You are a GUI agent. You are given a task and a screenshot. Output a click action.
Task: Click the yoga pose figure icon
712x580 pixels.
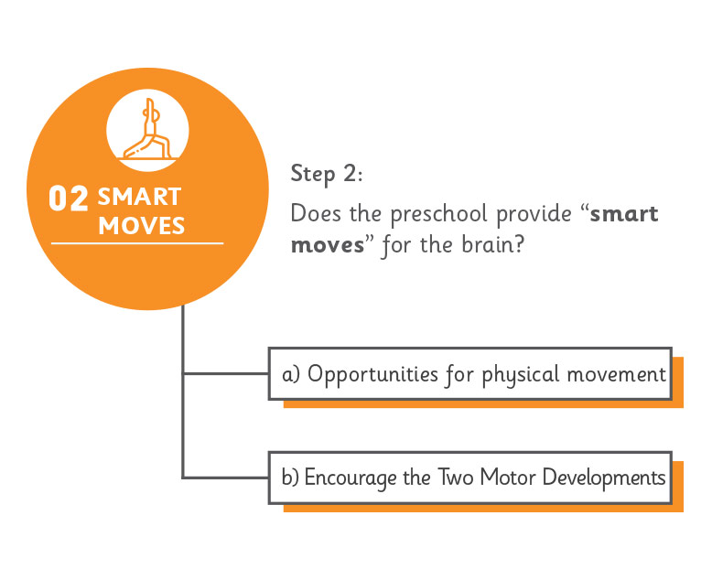tap(148, 129)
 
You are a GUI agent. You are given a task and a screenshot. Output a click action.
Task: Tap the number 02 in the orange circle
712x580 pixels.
tap(68, 199)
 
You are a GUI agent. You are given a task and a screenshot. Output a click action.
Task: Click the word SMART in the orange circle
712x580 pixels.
tap(139, 197)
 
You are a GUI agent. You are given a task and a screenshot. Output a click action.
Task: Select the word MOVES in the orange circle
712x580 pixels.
tap(142, 226)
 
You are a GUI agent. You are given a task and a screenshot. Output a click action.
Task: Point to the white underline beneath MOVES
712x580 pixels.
tap(137, 243)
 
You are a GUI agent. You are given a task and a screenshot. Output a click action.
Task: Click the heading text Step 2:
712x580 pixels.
tap(327, 174)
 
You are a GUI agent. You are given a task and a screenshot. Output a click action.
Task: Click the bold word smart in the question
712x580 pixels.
tap(624, 214)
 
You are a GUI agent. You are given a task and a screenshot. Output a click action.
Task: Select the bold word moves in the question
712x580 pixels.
tap(328, 245)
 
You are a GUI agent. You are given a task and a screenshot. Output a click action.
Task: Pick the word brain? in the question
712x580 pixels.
tap(492, 244)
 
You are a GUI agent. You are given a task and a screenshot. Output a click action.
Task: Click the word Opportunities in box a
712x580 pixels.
tap(372, 375)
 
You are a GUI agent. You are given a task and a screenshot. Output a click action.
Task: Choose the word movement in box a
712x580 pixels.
tap(616, 375)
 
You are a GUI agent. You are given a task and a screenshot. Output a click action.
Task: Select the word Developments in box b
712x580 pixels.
tap(604, 478)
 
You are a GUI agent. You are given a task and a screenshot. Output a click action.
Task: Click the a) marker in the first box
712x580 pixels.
tap(291, 375)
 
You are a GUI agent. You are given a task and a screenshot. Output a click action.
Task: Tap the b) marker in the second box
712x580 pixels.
tap(290, 478)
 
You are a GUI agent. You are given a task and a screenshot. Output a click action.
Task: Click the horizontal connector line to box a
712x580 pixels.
tap(226, 374)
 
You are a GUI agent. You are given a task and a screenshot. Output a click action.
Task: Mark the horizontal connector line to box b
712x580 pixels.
tap(226, 478)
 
